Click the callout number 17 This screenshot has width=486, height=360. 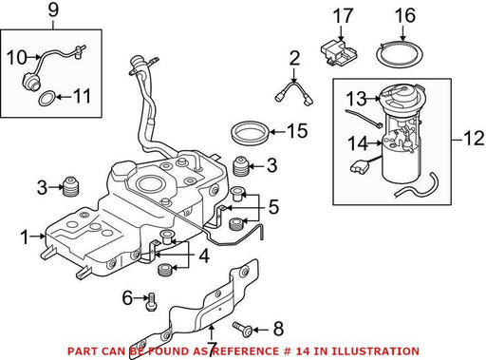[x=343, y=16]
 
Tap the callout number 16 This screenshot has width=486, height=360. [x=405, y=16]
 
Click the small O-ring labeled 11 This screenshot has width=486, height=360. [x=47, y=98]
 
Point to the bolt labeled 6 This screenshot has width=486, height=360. [x=151, y=302]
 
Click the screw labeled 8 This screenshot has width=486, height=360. [x=242, y=329]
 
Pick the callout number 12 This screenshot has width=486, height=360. [x=474, y=139]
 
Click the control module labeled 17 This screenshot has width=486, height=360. [x=339, y=52]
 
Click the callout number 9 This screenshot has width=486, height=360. [x=53, y=10]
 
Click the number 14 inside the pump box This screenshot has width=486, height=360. [x=358, y=142]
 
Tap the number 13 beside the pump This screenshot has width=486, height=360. [x=356, y=98]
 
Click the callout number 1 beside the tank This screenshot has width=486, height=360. [x=25, y=237]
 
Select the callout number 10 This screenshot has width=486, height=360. [x=17, y=58]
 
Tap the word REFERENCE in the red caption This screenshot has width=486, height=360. [x=243, y=351]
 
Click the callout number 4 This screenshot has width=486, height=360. [x=204, y=256]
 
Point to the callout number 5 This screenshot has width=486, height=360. [x=273, y=207]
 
